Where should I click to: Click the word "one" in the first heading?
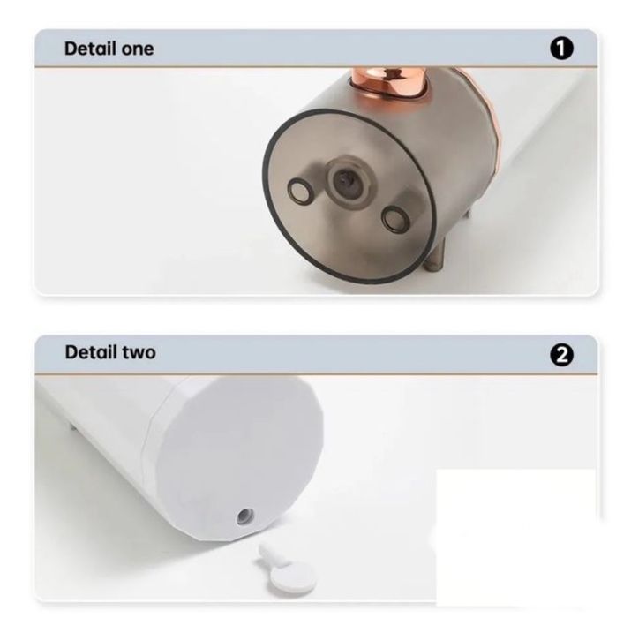pos(138,49)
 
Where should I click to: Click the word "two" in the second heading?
pos(139,352)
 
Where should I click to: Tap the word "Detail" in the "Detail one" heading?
pos(90,49)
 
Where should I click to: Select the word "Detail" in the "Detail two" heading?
pos(91,352)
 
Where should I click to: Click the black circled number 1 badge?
pos(561,49)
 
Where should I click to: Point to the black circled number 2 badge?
pos(561,355)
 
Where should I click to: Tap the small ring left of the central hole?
pos(299,190)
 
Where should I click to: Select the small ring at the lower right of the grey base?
pos(394,218)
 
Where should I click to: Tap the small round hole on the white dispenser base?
pos(245,516)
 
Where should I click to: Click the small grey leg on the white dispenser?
pos(73,426)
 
